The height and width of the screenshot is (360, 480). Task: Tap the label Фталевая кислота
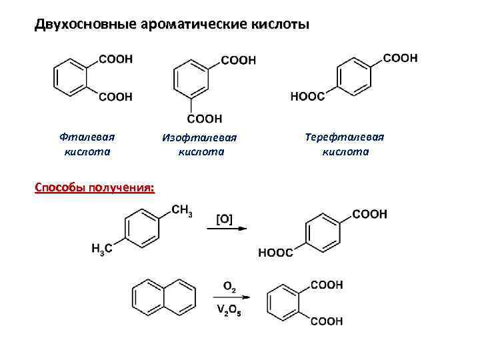(x=87, y=144)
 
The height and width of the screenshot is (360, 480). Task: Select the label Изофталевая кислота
(x=200, y=145)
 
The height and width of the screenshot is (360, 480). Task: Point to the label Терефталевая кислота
(x=345, y=144)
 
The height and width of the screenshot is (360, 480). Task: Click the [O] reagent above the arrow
(x=225, y=219)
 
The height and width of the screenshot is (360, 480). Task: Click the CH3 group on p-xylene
(x=182, y=211)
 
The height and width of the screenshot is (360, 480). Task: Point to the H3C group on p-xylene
(x=102, y=249)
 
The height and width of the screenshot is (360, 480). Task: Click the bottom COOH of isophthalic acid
(x=204, y=119)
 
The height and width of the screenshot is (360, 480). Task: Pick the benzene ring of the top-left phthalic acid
(x=70, y=77)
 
